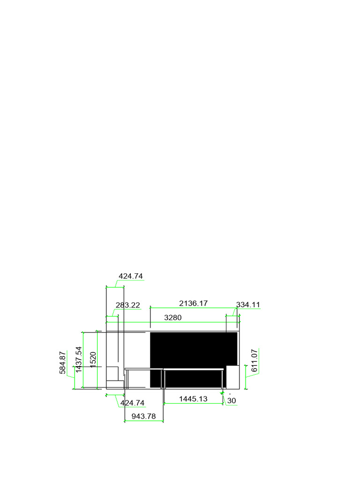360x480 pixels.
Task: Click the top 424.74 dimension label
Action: tap(131, 276)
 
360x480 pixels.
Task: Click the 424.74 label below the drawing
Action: tap(133, 403)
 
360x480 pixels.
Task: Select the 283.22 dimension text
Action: tap(127, 305)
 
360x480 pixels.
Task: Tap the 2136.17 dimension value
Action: tap(193, 303)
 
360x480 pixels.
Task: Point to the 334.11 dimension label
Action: tap(247, 305)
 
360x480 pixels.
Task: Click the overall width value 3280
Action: tap(172, 317)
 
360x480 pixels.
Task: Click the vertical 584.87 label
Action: tap(63, 363)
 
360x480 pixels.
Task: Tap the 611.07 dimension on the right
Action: tap(255, 360)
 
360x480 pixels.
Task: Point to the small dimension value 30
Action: tap(232, 401)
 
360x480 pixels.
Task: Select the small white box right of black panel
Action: tap(233, 377)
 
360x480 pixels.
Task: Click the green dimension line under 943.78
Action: tap(143, 421)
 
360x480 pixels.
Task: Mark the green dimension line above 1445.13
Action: tap(193, 404)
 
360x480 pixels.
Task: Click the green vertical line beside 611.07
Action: tap(246, 370)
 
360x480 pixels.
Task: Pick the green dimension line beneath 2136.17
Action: tap(193, 308)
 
